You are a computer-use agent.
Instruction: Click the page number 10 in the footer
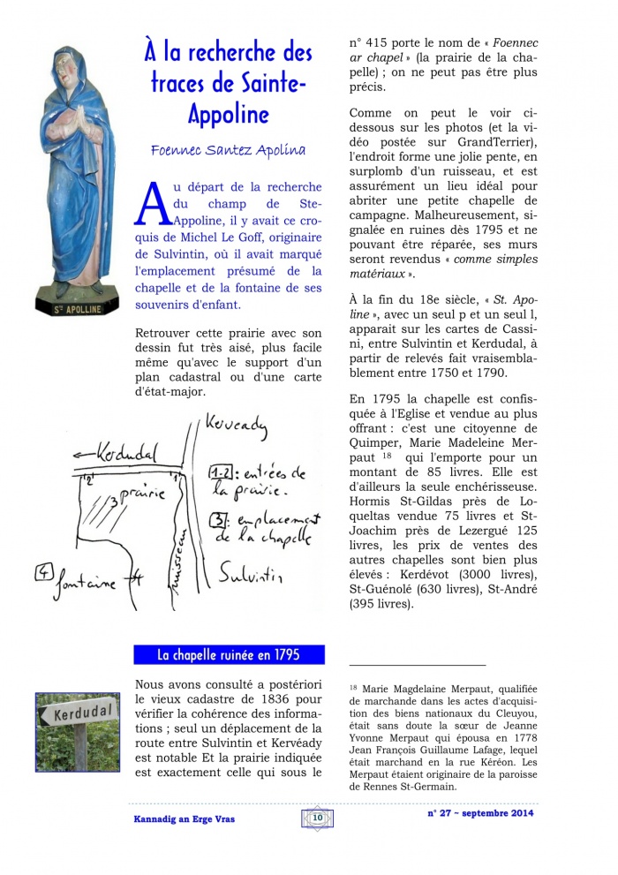(317, 818)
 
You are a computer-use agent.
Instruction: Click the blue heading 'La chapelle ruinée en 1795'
(229, 655)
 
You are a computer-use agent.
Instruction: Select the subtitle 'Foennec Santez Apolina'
(228, 150)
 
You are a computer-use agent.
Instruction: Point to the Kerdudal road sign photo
(77, 732)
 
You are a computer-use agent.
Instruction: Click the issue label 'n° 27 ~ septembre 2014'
(480, 813)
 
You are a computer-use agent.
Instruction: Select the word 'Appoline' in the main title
(228, 114)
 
